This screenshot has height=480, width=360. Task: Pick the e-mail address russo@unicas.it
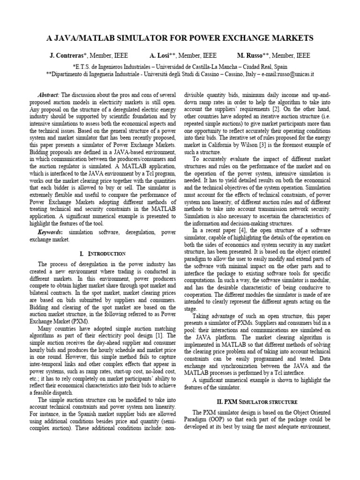click(x=296, y=74)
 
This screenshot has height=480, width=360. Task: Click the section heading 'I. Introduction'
click(x=103, y=254)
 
